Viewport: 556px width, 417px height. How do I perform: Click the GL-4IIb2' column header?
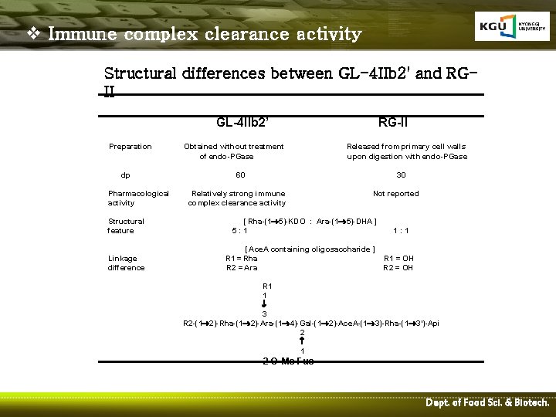click(x=242, y=122)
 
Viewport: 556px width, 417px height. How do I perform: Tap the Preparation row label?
click(x=131, y=146)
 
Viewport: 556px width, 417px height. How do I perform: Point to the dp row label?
click(x=125, y=175)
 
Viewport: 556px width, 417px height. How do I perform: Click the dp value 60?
click(x=240, y=175)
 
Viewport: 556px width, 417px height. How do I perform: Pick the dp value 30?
click(x=401, y=175)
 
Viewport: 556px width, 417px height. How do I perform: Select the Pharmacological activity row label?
click(x=138, y=198)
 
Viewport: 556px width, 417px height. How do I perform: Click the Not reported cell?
click(x=395, y=194)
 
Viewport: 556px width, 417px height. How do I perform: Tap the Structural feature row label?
click(x=126, y=225)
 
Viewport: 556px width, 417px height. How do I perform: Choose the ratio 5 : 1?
click(x=239, y=230)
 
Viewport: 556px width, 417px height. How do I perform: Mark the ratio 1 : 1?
click(x=402, y=230)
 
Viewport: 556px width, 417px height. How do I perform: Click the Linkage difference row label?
click(x=126, y=263)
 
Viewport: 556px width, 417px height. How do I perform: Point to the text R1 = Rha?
click(x=242, y=259)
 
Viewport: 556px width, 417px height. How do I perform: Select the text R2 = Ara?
click(x=242, y=268)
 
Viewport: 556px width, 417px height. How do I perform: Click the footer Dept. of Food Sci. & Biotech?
click(x=487, y=403)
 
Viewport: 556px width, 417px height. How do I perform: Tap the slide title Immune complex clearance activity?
click(x=204, y=35)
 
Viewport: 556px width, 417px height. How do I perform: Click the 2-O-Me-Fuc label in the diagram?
click(x=288, y=361)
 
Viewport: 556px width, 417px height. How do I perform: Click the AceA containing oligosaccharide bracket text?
click(x=310, y=249)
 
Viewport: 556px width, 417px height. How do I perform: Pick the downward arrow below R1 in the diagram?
click(x=264, y=304)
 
